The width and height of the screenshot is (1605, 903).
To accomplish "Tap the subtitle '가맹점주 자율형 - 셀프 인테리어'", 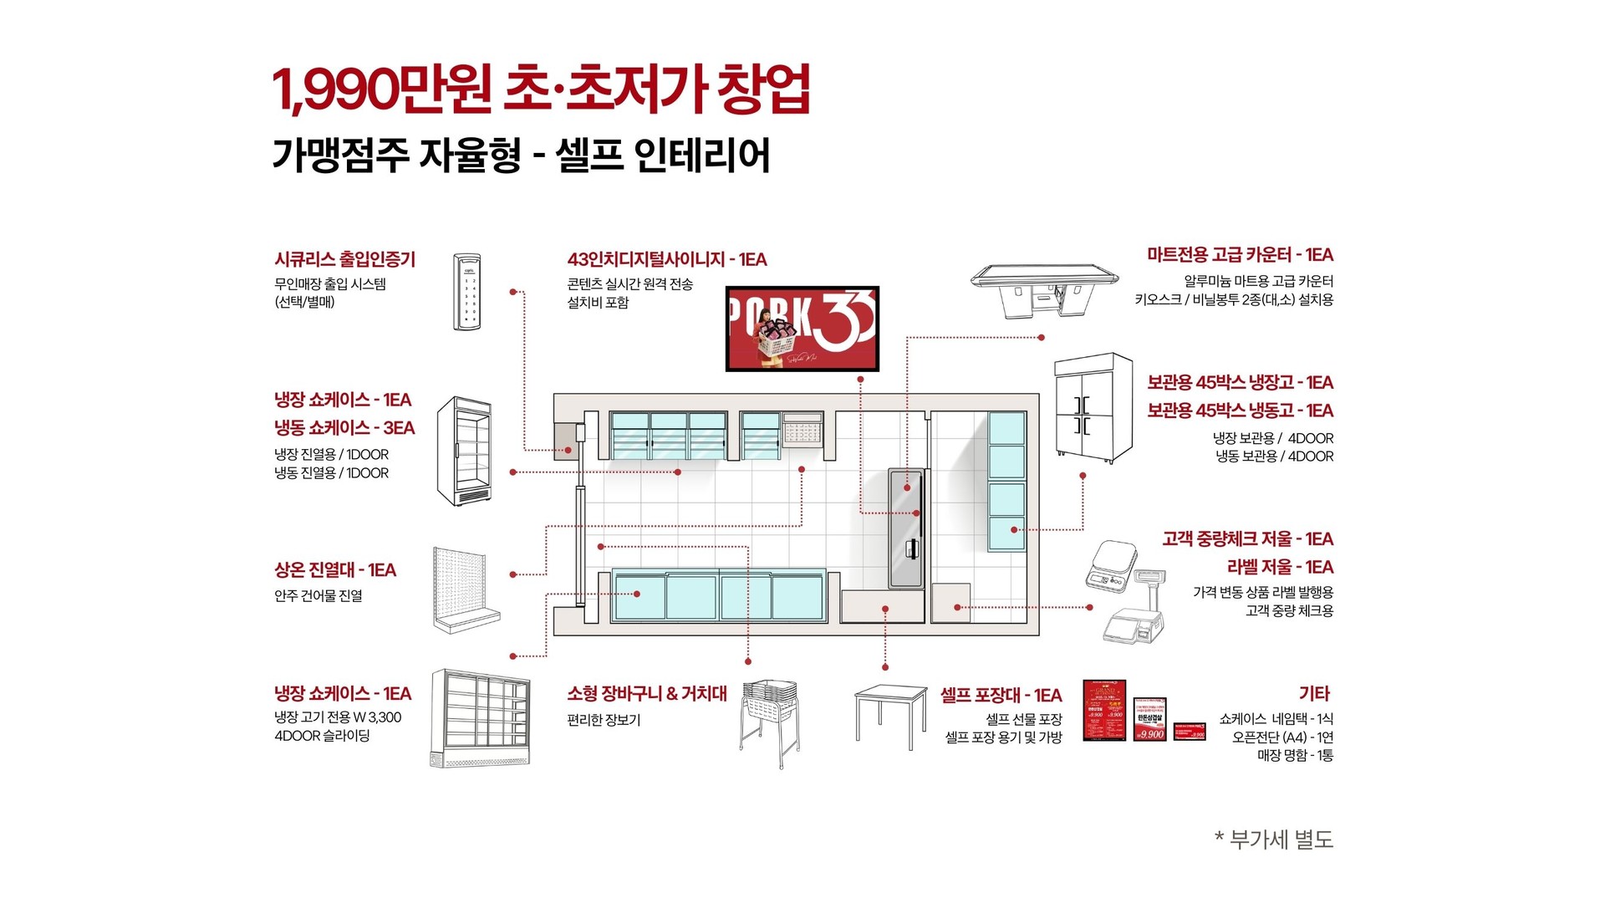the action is pos(521,156).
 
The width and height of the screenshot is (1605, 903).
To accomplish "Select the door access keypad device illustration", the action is pos(467,291).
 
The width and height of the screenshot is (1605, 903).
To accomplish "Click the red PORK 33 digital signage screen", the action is pos(802,329).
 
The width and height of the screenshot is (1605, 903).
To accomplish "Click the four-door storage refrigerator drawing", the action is pos(1093,408).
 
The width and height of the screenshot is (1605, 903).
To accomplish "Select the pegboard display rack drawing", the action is pos(465,589).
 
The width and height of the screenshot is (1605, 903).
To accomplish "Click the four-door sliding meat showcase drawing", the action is pos(480,717).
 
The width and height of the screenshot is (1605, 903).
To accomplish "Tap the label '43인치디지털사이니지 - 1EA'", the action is pos(666,259).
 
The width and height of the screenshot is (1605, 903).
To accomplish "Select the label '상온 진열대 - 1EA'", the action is pos(334,570).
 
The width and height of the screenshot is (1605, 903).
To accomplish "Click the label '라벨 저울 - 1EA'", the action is pos(1280,567).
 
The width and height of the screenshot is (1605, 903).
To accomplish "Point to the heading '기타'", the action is pos(1314,693).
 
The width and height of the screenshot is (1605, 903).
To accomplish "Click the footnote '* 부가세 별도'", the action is pos(1273,839).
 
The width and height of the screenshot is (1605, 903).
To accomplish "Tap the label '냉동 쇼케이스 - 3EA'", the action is pos(344,428).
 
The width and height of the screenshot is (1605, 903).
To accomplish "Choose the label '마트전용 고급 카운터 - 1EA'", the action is pos(1240,254).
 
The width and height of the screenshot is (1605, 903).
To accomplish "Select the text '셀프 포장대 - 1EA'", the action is pos(1001,695).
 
